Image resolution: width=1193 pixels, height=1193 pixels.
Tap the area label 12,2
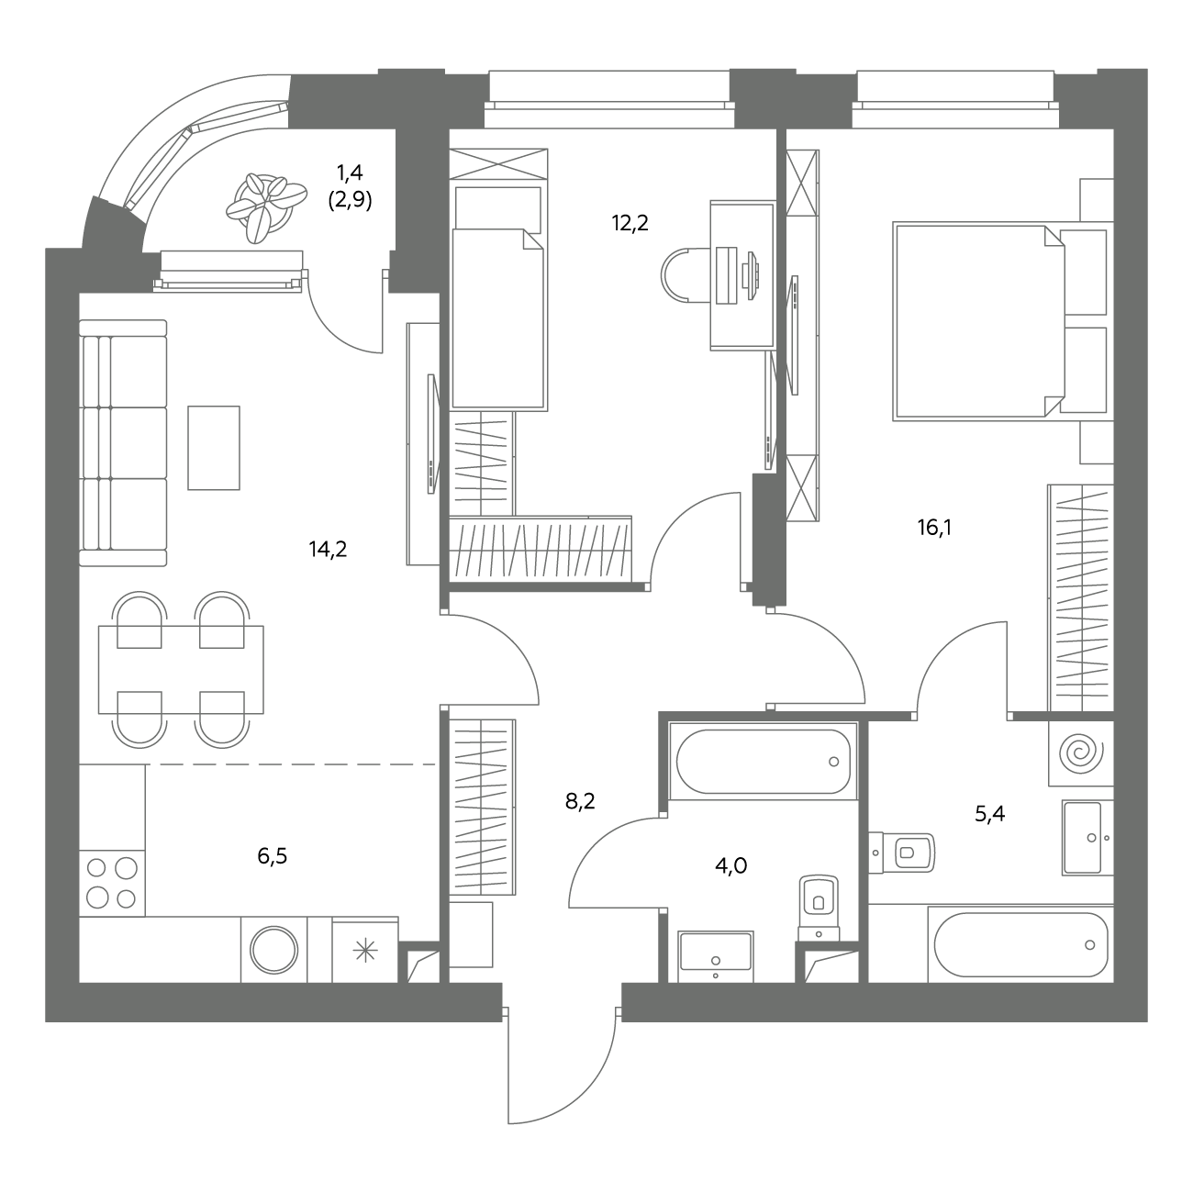point(630,223)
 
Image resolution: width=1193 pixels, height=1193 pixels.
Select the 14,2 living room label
point(328,549)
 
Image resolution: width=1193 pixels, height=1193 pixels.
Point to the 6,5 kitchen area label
point(272,856)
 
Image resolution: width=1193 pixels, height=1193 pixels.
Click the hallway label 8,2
point(579,802)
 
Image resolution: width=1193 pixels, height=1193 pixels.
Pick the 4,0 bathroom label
point(730,865)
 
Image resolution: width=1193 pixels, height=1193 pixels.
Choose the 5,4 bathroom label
point(989,814)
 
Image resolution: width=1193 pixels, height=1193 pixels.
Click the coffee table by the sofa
point(214,448)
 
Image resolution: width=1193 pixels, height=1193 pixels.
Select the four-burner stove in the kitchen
point(112,883)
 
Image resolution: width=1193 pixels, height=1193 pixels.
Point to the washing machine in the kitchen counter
point(273,949)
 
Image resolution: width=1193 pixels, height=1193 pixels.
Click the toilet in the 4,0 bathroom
point(819,909)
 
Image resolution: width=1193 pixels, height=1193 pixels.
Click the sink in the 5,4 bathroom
point(1087,837)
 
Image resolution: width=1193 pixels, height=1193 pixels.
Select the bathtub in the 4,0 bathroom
point(763,761)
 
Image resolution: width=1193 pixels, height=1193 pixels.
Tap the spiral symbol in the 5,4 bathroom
point(1081,753)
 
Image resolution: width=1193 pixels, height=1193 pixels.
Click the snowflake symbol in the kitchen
point(365,951)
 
